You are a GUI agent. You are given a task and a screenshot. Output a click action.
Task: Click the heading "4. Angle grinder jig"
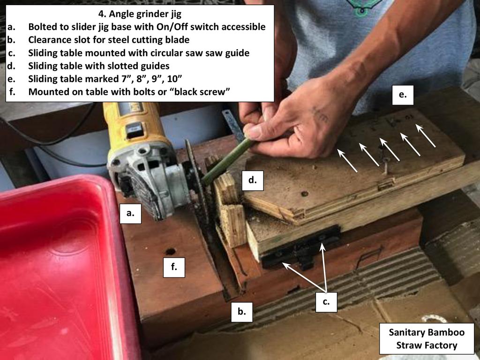(140, 14)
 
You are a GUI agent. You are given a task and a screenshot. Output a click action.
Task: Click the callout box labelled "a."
(130, 213)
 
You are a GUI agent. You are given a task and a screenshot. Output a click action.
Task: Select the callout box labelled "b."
(242, 312)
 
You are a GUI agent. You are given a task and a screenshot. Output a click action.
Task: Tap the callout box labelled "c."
(326, 302)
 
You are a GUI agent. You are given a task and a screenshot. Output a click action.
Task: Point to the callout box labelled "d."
(253, 180)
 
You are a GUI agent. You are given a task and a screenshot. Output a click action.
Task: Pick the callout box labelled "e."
(403, 95)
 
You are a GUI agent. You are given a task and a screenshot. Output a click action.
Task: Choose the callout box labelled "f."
(174, 267)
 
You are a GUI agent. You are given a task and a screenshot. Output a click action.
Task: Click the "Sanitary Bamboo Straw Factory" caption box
(427, 338)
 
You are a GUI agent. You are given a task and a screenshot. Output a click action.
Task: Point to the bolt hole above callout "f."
(171, 252)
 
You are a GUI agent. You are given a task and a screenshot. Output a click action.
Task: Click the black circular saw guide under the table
(301, 248)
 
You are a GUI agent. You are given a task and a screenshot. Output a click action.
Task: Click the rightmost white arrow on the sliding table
(426, 135)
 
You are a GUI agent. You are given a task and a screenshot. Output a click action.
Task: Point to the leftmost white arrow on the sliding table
(347, 160)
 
